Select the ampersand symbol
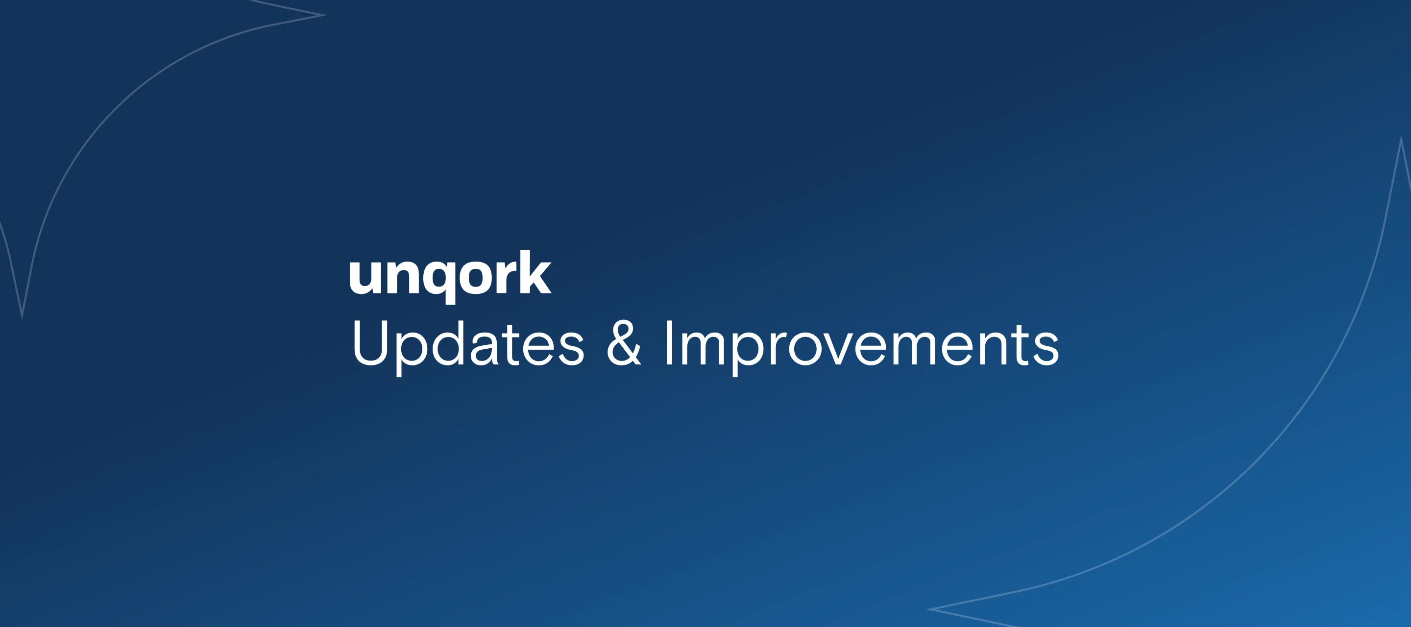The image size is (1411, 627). point(624,343)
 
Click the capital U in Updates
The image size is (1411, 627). point(370,343)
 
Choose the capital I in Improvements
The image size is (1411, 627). point(668,343)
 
